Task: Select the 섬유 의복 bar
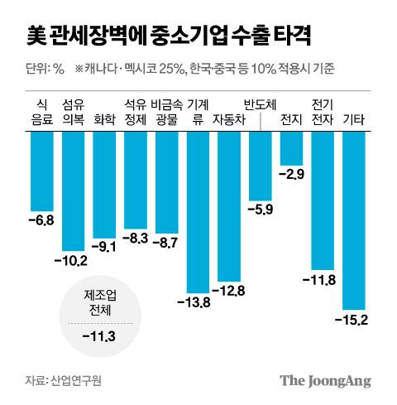click(74, 190)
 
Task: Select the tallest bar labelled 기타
click(354, 219)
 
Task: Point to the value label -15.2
click(353, 319)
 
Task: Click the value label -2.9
click(292, 174)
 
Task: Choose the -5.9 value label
click(261, 208)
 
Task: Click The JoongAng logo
click(325, 380)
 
